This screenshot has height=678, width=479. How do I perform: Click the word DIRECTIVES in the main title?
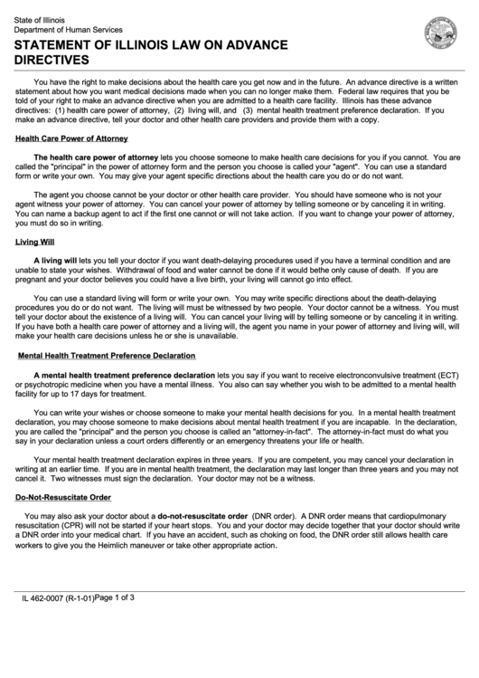(51, 60)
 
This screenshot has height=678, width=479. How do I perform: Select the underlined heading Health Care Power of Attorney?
(71, 138)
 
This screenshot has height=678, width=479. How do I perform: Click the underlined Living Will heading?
(35, 242)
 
